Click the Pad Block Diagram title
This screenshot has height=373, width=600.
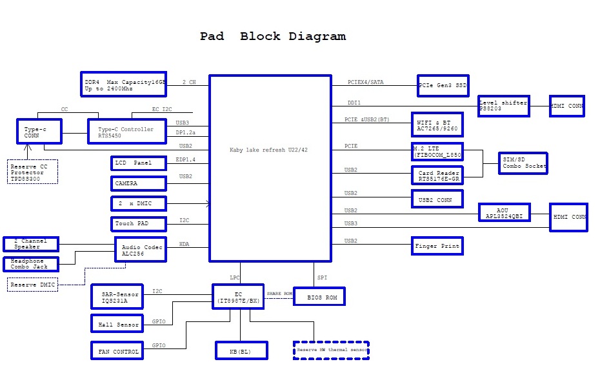[272, 36]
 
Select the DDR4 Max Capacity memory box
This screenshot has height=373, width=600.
[124, 84]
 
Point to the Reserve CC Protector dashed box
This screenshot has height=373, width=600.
[32, 172]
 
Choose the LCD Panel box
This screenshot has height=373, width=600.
[138, 163]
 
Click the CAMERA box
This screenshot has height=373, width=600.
[138, 183]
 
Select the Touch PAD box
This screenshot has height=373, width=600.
[138, 223]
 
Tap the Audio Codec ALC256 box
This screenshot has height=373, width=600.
[140, 249]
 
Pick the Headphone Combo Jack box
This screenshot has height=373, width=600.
[30, 263]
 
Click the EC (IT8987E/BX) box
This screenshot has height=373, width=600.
[239, 296]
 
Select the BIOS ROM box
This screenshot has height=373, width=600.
[319, 296]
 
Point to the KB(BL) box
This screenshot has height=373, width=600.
[240, 350]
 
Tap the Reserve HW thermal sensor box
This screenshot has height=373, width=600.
[331, 350]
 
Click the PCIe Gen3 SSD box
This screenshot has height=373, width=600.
[443, 85]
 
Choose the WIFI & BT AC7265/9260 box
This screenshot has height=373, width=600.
[437, 125]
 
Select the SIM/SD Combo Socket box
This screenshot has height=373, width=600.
[523, 163]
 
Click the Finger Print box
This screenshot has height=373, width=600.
[437, 246]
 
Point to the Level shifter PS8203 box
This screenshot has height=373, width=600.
[503, 106]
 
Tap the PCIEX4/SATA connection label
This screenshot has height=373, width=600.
[365, 82]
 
